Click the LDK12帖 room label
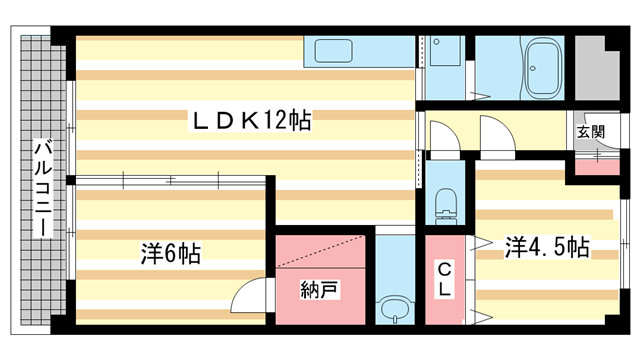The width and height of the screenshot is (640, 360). tap(252, 122)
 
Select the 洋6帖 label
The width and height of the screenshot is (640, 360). tap(170, 254)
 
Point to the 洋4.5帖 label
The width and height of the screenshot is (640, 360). tap(546, 246)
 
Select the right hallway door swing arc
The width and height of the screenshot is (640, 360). tap(496, 134)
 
